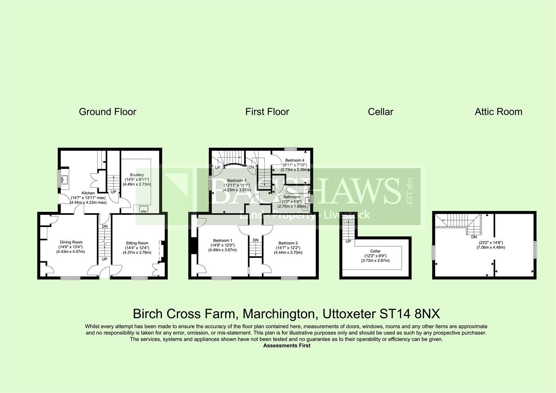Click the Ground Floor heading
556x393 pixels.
(107, 112)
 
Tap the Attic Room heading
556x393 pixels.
(498, 112)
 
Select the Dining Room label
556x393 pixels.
(71, 242)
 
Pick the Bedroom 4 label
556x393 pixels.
(294, 160)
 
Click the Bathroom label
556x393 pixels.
(292, 197)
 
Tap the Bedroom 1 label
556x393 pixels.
(223, 241)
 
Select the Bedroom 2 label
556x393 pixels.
(288, 243)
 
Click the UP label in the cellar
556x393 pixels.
(348, 241)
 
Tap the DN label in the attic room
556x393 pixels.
(474, 237)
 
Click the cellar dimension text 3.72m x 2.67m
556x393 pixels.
(375, 261)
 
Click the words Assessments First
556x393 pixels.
(286, 346)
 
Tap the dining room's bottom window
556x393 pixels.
(71, 278)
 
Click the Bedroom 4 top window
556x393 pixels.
(290, 148)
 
